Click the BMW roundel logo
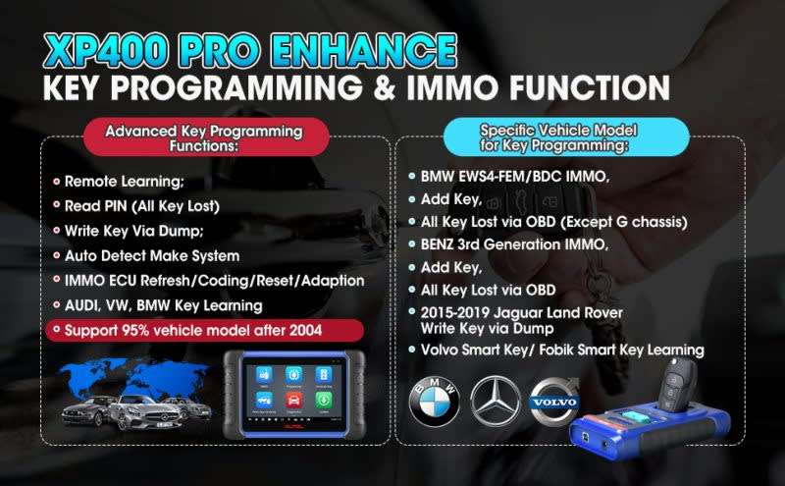[x=434, y=402]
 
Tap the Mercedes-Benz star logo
[x=496, y=402]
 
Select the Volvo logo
[x=554, y=401]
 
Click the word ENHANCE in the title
[x=365, y=51]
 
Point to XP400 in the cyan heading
[x=106, y=51]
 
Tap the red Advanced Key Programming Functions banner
[x=205, y=137]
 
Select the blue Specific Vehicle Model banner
[x=566, y=136]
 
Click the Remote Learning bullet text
[x=125, y=182]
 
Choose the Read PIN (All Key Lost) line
[x=142, y=206]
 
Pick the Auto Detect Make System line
[x=152, y=255]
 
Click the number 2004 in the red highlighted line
[x=305, y=330]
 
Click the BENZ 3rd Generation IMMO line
[x=514, y=244]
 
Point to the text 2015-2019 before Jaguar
[x=454, y=312]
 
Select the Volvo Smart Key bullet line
[x=562, y=350]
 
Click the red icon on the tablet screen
[x=293, y=401]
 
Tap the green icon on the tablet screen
[x=324, y=400]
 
